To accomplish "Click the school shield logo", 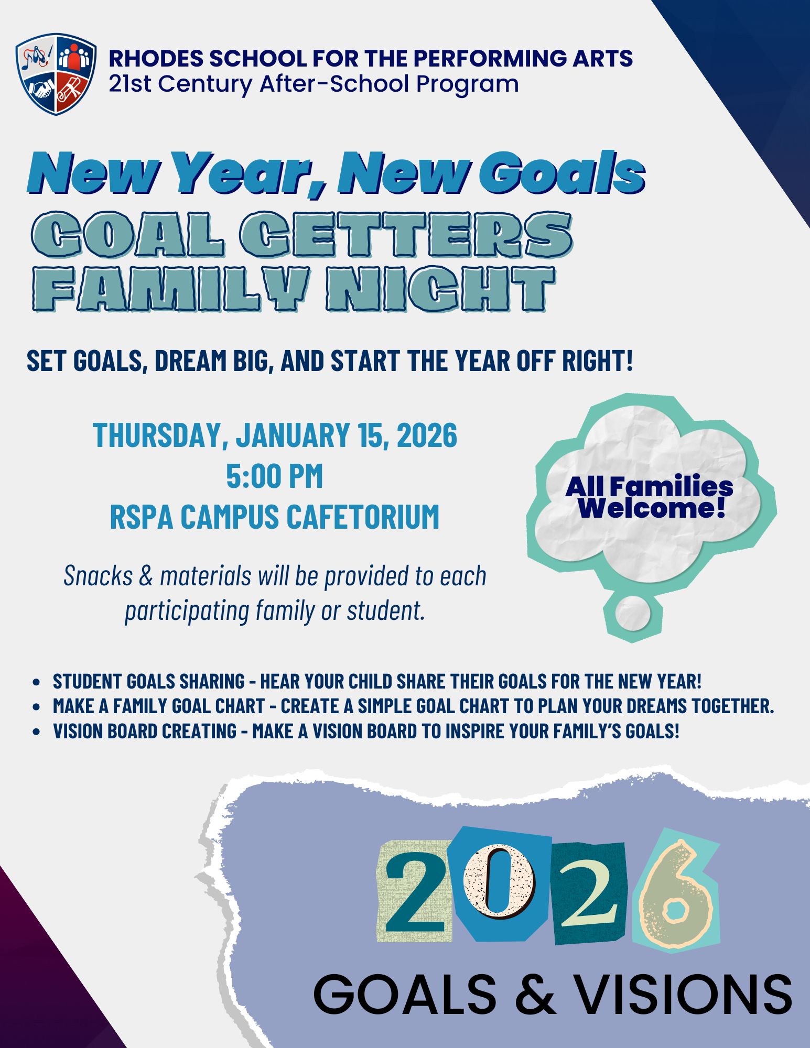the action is click(56, 74).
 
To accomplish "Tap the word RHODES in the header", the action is click(155, 59).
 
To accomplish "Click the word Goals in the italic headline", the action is click(562, 173).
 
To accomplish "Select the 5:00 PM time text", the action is click(275, 476).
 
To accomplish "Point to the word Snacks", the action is click(98, 576).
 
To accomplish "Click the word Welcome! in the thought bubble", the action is click(652, 507).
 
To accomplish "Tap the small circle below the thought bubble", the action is click(633, 613).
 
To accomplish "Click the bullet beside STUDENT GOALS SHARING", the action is click(36, 682).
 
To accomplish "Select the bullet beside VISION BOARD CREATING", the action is click(36, 732).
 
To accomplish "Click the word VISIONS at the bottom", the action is click(685, 994).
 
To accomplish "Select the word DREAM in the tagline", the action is click(190, 361).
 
